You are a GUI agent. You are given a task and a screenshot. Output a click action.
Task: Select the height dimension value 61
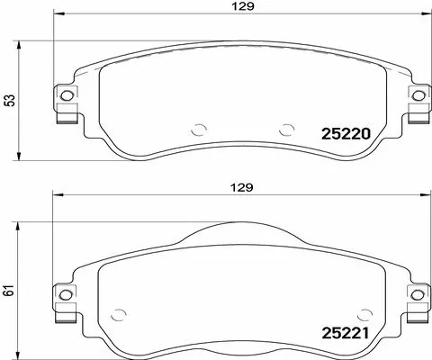coord(10,290)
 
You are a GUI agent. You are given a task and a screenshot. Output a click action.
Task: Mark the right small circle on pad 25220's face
coord(286,128)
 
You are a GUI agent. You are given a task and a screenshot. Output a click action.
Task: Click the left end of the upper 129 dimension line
coord(55,14)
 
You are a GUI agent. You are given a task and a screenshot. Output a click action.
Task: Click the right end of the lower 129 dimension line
coord(425,196)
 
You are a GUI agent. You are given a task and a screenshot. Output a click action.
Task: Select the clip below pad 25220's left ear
coord(65,113)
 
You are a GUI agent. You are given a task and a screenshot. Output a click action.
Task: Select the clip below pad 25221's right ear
coord(417,311)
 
